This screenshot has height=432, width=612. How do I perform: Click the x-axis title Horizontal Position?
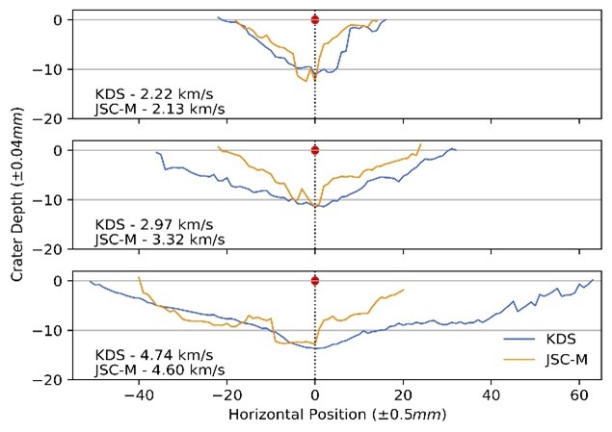pos(333,415)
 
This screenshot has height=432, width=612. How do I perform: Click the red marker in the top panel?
pos(315,20)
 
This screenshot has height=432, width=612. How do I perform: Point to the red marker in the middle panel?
pos(315,150)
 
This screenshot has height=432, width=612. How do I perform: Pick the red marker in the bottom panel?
pos(315,281)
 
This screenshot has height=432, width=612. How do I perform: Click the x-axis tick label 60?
pos(580,394)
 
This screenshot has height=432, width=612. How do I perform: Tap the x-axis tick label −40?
pos(138,394)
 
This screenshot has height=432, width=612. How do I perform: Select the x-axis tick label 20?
pos(404,394)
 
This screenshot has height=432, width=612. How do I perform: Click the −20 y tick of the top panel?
pos(49,119)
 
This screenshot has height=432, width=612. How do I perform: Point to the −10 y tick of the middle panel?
pos(49,200)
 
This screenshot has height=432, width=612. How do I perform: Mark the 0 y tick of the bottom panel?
pos(57,281)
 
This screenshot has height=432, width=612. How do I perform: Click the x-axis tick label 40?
pos(492,394)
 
